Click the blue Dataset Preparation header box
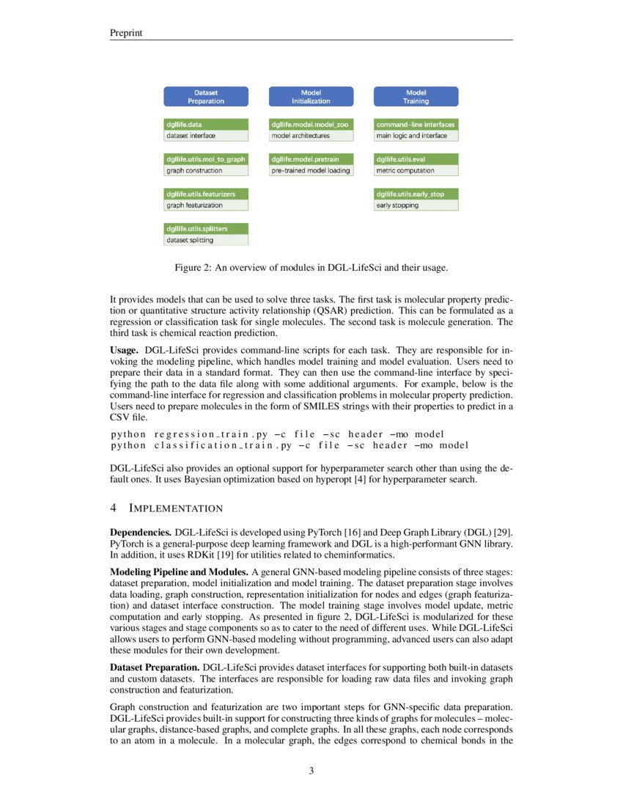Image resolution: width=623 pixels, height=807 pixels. (x=205, y=97)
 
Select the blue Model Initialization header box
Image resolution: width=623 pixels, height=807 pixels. (x=311, y=97)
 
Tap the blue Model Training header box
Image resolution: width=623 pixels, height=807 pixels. (x=416, y=97)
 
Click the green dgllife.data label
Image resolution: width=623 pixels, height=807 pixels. (x=206, y=125)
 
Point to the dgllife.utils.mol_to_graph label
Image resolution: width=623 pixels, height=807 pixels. (x=206, y=159)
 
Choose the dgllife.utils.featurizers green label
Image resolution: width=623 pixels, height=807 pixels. (x=206, y=194)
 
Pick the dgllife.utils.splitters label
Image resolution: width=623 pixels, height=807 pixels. (x=206, y=229)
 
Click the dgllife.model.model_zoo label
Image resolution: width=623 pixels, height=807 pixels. (x=311, y=125)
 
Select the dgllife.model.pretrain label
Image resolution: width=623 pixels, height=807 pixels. (x=311, y=159)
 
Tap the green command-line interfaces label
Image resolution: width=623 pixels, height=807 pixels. (x=416, y=125)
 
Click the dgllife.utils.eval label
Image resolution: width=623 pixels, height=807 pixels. (x=416, y=159)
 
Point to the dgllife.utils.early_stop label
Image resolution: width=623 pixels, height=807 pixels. (x=416, y=194)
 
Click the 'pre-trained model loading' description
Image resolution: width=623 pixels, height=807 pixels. (x=311, y=170)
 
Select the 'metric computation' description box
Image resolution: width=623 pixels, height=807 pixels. (x=416, y=170)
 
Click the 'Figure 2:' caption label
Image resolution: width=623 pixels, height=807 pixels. (x=193, y=267)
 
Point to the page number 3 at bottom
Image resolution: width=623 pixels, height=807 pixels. (x=311, y=770)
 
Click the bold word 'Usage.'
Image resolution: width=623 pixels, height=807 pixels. (x=124, y=350)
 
